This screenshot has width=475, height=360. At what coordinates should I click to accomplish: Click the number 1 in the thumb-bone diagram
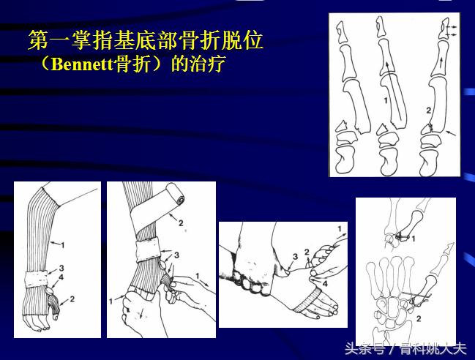coord(385,100)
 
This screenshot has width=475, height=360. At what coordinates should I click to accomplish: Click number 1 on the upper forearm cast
coord(63,244)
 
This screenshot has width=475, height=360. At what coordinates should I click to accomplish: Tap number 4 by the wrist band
coord(61,277)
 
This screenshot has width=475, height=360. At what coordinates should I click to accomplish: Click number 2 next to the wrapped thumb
coord(72,299)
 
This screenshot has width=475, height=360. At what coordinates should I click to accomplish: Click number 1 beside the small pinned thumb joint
coord(414,239)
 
